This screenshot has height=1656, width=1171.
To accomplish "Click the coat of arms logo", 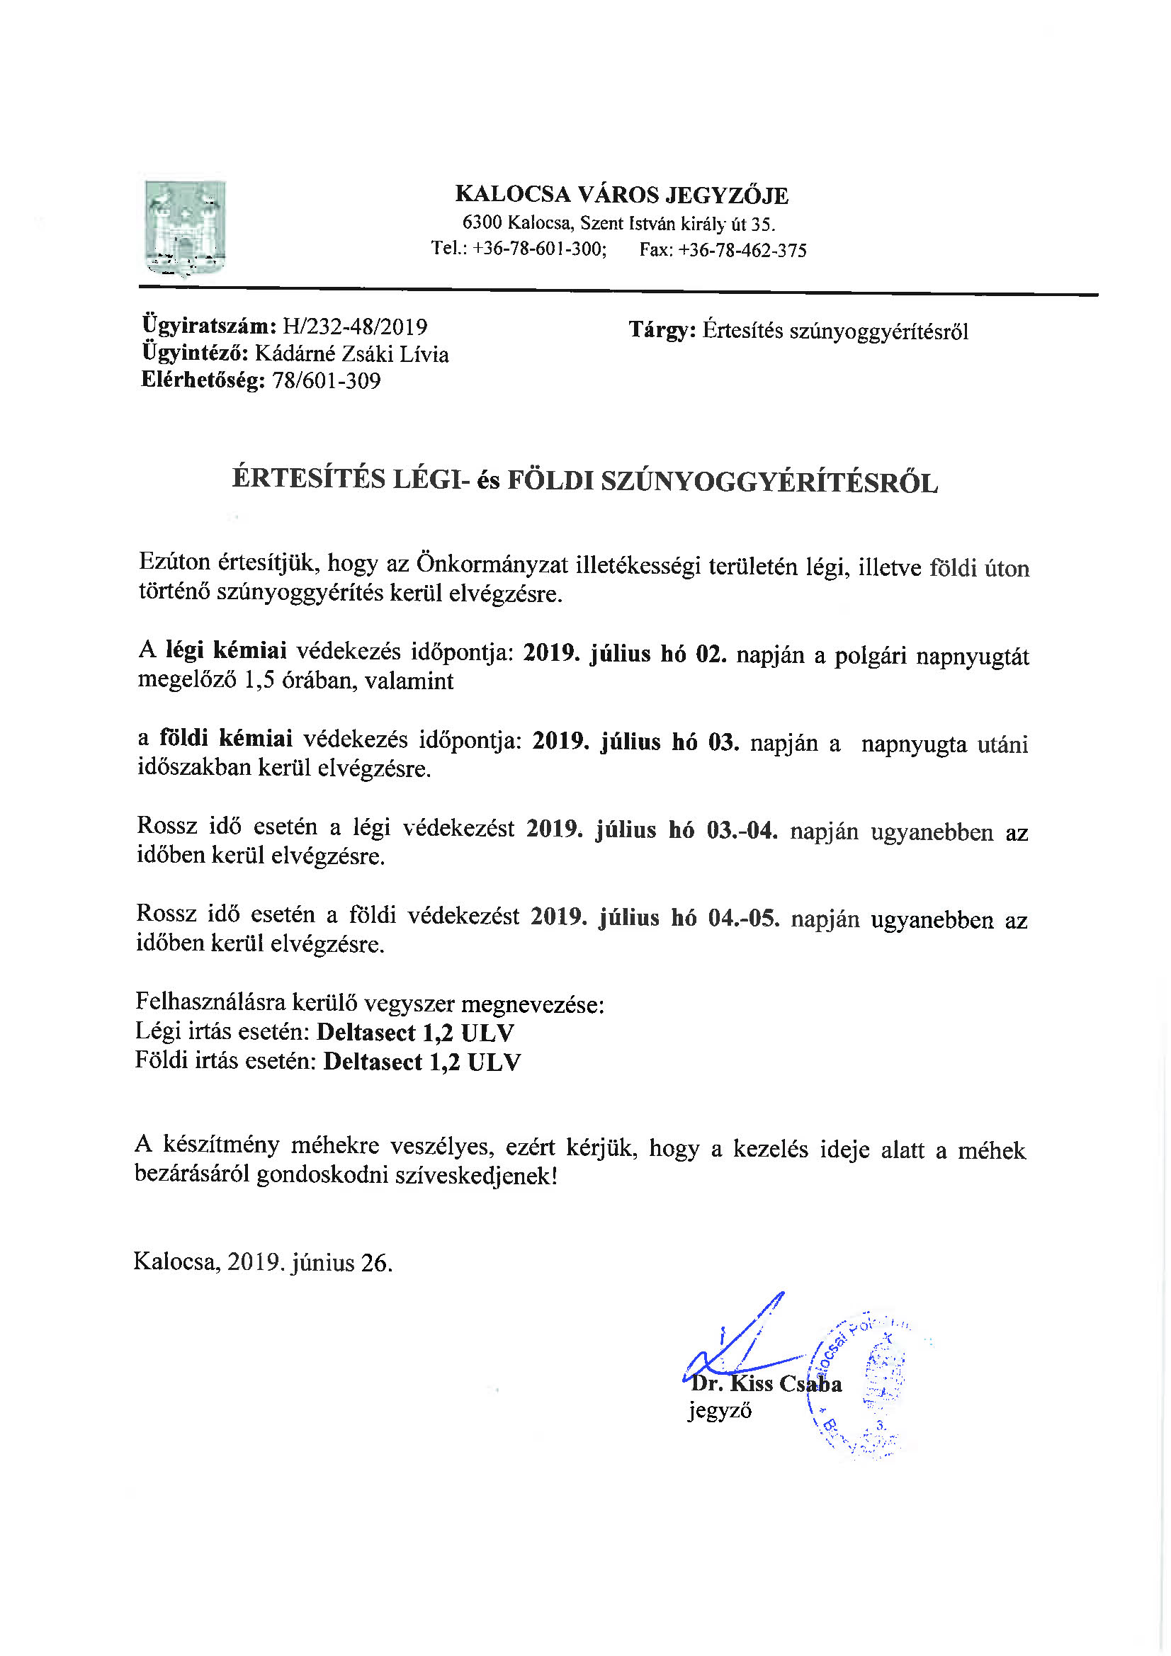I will [x=186, y=227].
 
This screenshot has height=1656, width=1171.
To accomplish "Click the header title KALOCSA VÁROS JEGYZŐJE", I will [x=621, y=195].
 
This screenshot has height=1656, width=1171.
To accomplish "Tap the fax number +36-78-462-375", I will [x=742, y=250].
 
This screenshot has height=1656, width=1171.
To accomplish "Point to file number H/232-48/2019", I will [x=355, y=327].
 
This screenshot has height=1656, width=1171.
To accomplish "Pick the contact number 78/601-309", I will [x=326, y=381].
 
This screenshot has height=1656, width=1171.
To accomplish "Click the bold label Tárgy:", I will [x=662, y=330].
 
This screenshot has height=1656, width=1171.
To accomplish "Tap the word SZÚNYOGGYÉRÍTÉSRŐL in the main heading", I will [x=769, y=482].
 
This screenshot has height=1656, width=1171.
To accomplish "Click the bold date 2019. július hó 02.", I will [x=624, y=654].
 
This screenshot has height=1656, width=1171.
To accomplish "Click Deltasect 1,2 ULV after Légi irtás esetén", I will [x=416, y=1033].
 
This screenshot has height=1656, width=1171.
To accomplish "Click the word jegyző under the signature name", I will [x=719, y=1410].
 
